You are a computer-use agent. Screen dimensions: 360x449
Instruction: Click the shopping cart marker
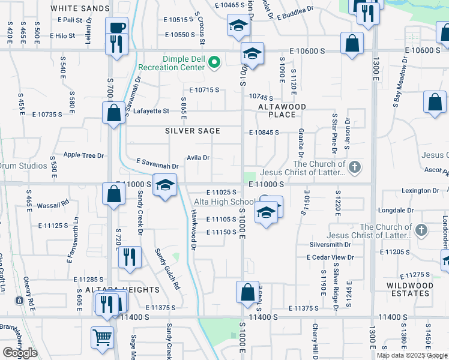(x=103, y=338)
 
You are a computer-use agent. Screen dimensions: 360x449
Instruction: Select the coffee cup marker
(x=116, y=27)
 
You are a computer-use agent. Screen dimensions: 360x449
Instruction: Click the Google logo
(x=20, y=353)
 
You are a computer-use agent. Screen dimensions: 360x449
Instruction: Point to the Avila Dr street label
(x=197, y=158)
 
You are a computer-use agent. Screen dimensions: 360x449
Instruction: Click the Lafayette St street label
(x=151, y=111)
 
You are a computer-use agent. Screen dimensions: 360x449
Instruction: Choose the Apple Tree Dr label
(x=83, y=155)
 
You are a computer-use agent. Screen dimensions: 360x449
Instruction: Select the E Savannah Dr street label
(x=157, y=163)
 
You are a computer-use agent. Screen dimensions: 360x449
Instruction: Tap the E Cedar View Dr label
(x=330, y=257)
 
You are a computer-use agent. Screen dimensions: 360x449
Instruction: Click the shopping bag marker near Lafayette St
(x=113, y=113)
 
